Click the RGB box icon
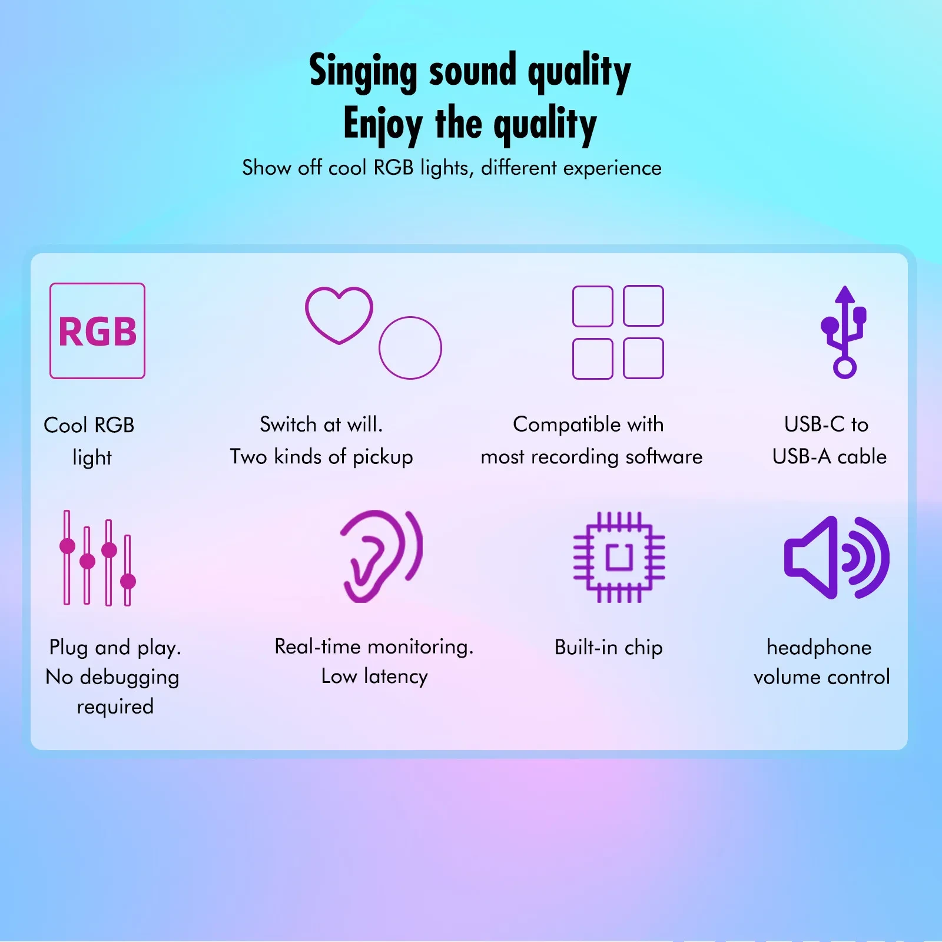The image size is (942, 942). (97, 331)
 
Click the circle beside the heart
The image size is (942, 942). (410, 348)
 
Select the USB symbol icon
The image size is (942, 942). (844, 332)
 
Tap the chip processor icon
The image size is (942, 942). (619, 557)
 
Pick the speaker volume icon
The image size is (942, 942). (836, 558)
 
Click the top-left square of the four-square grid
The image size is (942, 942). (592, 306)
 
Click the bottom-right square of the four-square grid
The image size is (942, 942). (643, 358)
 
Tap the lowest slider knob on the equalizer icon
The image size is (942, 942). (128, 582)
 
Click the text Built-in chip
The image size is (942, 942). (608, 648)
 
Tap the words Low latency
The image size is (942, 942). (374, 676)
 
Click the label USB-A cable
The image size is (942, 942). (829, 457)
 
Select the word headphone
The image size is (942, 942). (819, 648)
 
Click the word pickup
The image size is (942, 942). (383, 457)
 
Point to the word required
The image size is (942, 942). (115, 707)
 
